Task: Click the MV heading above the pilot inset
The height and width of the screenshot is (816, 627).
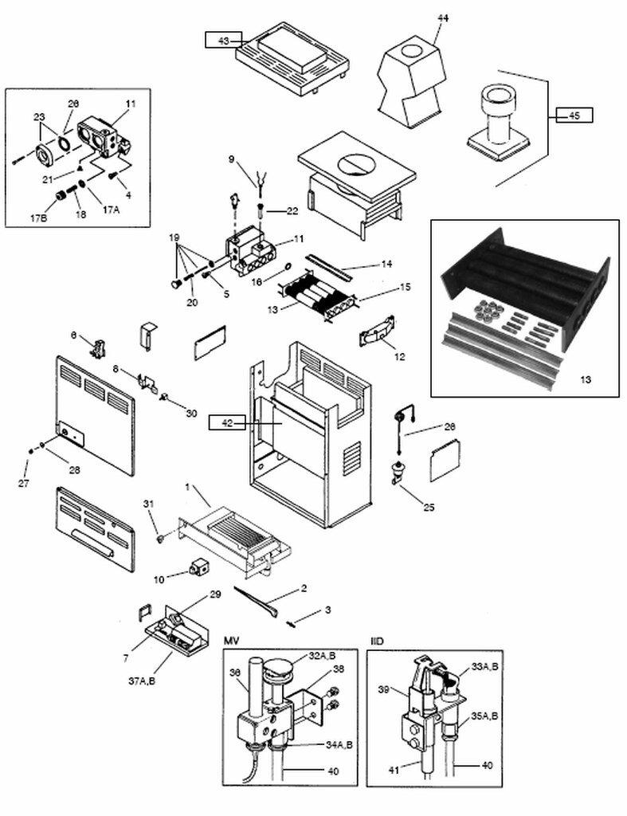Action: tap(231, 641)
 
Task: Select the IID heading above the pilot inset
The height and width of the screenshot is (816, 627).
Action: tap(378, 641)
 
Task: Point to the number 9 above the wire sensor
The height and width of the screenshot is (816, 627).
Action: tap(231, 159)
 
